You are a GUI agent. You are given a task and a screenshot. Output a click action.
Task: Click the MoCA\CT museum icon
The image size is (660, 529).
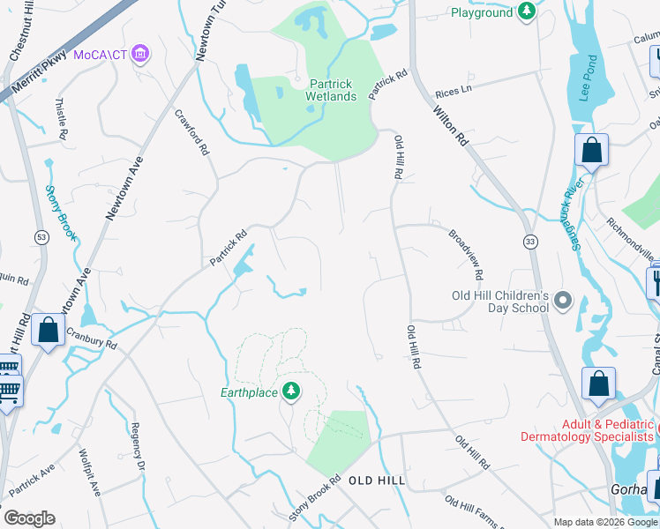pos(140,56)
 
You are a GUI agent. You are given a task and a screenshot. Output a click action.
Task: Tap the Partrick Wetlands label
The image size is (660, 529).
pos(331,89)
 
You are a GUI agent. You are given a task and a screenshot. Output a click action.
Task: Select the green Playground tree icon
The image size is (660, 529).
pos(527,12)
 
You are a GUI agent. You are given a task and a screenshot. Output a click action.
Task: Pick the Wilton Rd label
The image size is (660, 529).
pos(450,125)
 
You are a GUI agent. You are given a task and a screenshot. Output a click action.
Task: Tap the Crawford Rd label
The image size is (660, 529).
pos(192,133)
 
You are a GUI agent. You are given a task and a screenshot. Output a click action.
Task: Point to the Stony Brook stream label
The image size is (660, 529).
pos(61,213)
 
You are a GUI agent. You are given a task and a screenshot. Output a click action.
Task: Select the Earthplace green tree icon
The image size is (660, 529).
pos(291,391)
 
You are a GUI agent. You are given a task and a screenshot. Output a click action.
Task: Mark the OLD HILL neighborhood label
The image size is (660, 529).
pos(377,481)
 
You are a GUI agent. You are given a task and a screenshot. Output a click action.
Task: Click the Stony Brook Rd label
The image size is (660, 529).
pos(314,500)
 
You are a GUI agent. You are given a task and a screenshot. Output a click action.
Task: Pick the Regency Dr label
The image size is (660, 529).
pos(136,446)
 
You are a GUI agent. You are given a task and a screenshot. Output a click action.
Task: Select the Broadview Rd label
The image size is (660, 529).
pos(468,250)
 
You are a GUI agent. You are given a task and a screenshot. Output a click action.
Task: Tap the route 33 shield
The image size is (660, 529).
pos(529,242)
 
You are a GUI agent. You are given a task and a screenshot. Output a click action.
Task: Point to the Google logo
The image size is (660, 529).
pos(29,518)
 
